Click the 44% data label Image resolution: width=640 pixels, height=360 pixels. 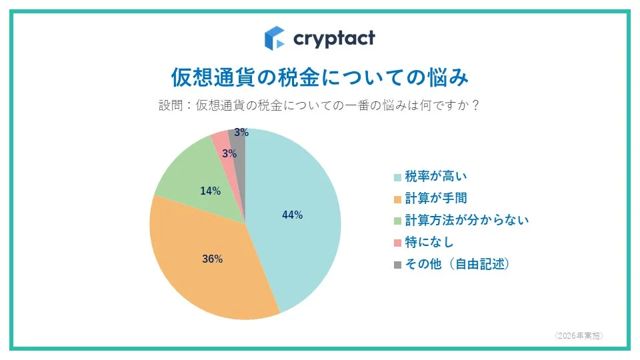[293, 215]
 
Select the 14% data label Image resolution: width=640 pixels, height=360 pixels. [210, 191]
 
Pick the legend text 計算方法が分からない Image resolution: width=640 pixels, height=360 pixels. [467, 220]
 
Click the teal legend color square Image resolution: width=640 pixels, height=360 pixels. [397, 177]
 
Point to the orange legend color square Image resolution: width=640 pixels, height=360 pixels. [397, 199]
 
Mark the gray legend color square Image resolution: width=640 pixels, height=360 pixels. [397, 265]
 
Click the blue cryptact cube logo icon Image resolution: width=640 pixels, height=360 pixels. [274, 38]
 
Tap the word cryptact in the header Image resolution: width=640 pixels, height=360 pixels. [334, 38]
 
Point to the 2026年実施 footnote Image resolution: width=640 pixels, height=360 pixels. [579, 335]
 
